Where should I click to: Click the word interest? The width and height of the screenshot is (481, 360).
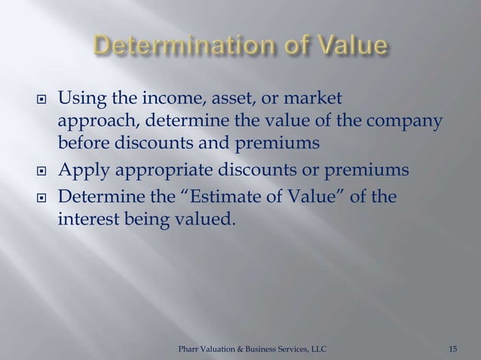pos(88,220)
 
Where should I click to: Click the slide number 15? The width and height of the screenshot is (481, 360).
pos(452,349)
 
